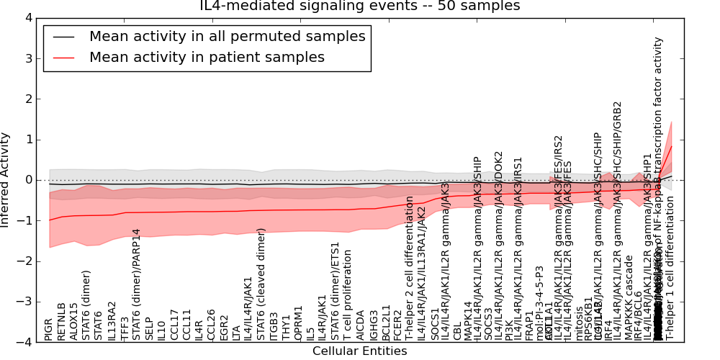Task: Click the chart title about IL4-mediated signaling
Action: [x=359, y=6]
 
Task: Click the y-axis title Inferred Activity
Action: [x=6, y=180]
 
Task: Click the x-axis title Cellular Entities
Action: [x=359, y=351]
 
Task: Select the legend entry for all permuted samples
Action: [x=227, y=36]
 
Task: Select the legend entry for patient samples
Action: [x=207, y=57]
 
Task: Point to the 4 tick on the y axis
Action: [x=28, y=17]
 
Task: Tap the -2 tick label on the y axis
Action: [x=25, y=261]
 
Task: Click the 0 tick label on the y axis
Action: [x=28, y=180]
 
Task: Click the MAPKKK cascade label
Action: [x=629, y=297]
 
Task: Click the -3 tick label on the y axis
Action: [x=25, y=302]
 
